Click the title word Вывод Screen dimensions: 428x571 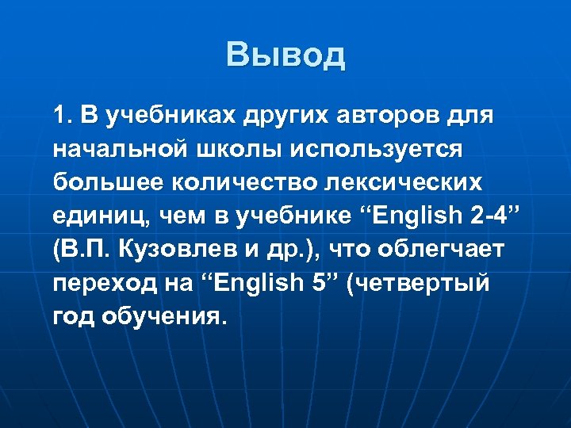(285, 55)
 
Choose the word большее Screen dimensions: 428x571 (99, 182)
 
